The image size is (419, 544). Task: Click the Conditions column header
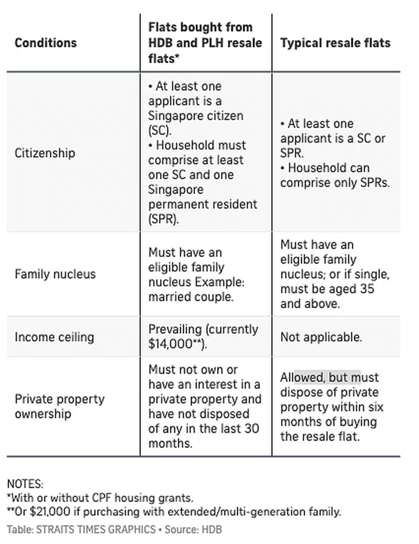[x=45, y=43]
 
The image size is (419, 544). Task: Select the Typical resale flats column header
[x=335, y=43]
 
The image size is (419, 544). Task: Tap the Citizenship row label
[x=45, y=153]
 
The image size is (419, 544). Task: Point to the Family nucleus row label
[x=55, y=274]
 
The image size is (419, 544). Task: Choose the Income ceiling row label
[x=54, y=337]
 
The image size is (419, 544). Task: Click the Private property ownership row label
[x=59, y=407]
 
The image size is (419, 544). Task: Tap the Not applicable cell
[x=321, y=337]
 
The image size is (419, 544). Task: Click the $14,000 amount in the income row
[x=170, y=344]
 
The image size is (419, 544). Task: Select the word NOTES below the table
[x=25, y=483]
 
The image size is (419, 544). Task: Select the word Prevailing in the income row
[x=175, y=329]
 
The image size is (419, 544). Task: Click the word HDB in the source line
[x=212, y=529]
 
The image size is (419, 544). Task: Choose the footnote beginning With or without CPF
[x=100, y=498]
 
